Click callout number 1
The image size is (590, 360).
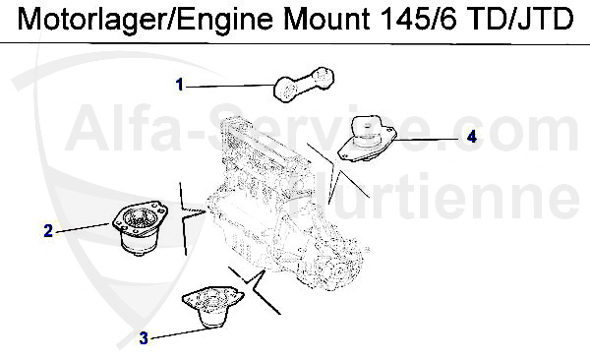180,85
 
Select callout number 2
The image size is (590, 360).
48,230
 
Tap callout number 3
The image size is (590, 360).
144,338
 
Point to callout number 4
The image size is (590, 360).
471,136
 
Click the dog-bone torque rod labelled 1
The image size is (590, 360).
303,85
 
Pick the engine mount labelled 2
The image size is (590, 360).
141,228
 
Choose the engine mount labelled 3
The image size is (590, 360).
212,307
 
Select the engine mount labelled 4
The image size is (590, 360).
367,139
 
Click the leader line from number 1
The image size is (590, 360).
230,87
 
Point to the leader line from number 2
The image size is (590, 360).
84,228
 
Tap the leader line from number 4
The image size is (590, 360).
424,139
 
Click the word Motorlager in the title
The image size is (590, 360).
93,20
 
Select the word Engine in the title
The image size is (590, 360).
225,21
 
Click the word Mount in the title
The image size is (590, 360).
326,19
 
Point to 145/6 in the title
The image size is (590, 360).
418,19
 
